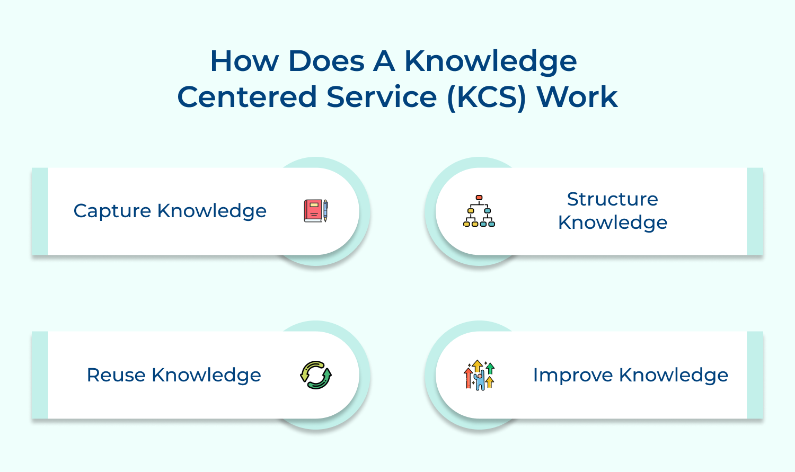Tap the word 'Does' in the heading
pos(326,61)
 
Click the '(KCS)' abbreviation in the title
pos(487,97)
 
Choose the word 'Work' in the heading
pos(577,97)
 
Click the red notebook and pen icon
pos(316,211)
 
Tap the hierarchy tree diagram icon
pos(479,211)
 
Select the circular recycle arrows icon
pos(316,375)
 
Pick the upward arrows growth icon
pos(479,375)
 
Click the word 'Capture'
pos(112,211)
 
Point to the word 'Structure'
pos(612,199)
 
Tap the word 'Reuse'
pos(116,375)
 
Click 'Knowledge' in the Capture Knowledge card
pos(212,211)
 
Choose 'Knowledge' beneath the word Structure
pos(613,223)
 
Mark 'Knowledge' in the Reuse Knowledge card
pos(206,375)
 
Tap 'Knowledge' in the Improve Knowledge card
pos(674,375)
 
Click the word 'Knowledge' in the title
pos(491,62)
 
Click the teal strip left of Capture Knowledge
pos(40,211)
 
